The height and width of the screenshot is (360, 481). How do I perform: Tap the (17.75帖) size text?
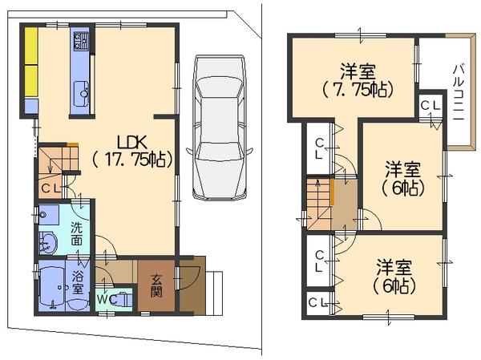click(131, 158)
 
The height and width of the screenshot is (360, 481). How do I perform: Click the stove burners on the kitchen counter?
click(81, 45)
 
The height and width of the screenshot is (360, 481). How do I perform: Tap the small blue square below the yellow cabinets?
click(30, 105)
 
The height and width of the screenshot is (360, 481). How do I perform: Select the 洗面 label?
click(77, 233)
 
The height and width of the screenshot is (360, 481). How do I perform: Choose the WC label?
click(107, 298)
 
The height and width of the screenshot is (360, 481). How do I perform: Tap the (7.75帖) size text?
click(358, 89)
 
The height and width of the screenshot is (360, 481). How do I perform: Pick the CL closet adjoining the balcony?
click(429, 105)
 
